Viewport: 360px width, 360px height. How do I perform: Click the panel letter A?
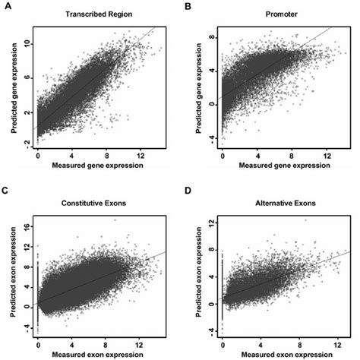[x=7, y=6]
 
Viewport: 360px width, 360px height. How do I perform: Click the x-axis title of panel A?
[x=98, y=166]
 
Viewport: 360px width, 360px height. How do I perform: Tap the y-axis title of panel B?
[x=196, y=86]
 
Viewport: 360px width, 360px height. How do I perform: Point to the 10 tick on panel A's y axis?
[x=26, y=44]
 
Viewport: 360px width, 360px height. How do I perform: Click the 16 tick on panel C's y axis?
[x=26, y=226]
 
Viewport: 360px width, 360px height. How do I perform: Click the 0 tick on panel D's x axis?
[x=223, y=343]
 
